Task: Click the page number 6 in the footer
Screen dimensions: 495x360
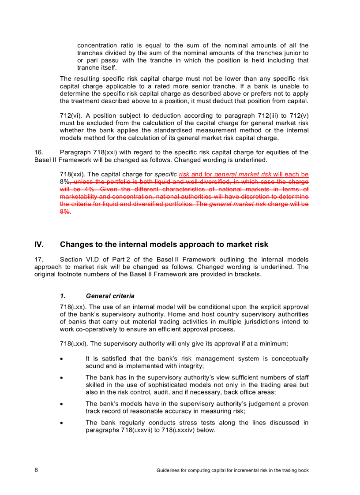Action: click(x=36, y=470)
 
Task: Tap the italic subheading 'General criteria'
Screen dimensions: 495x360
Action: click(x=110, y=296)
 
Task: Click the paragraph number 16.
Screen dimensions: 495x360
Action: click(x=38, y=152)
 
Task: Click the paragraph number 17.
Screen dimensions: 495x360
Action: click(x=38, y=259)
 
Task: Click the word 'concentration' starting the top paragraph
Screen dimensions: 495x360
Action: click(x=97, y=45)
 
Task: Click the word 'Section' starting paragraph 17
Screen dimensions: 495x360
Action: click(x=71, y=259)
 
